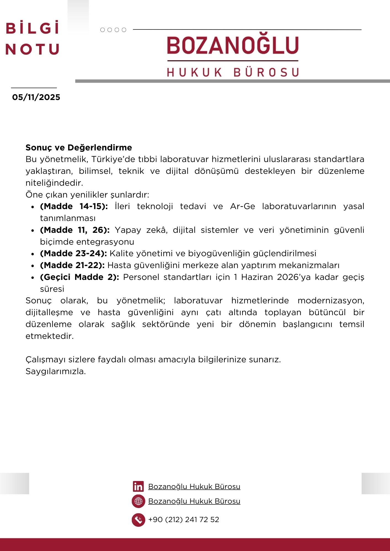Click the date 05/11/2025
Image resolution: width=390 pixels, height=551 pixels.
[36, 97]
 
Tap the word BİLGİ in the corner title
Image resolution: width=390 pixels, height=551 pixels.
[33, 28]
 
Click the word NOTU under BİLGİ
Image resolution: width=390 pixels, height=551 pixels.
[33, 50]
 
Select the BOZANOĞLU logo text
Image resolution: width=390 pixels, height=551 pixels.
[233, 45]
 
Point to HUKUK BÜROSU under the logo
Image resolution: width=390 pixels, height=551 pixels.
[233, 72]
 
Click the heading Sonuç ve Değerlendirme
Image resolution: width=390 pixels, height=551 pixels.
[79, 148]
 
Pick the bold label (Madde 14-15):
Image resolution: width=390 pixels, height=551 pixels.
[74, 206]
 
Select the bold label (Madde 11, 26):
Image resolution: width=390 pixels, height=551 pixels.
[75, 230]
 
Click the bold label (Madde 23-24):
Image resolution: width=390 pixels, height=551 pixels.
[73, 253]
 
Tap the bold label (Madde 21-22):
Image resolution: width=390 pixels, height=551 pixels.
[72, 265]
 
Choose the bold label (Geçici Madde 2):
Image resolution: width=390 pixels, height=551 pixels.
[79, 277]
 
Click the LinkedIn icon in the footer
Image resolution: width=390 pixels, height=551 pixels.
[138, 487]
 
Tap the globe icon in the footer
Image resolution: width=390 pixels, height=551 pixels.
[138, 501]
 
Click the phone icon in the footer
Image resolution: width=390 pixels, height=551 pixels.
[138, 520]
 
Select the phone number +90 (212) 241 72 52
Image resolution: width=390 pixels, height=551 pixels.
[184, 520]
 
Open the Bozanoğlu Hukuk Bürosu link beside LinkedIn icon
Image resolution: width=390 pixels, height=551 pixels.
[194, 487]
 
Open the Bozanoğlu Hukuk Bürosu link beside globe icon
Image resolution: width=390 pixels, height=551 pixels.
[194, 501]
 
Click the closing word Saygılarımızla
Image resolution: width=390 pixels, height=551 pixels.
[56, 371]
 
